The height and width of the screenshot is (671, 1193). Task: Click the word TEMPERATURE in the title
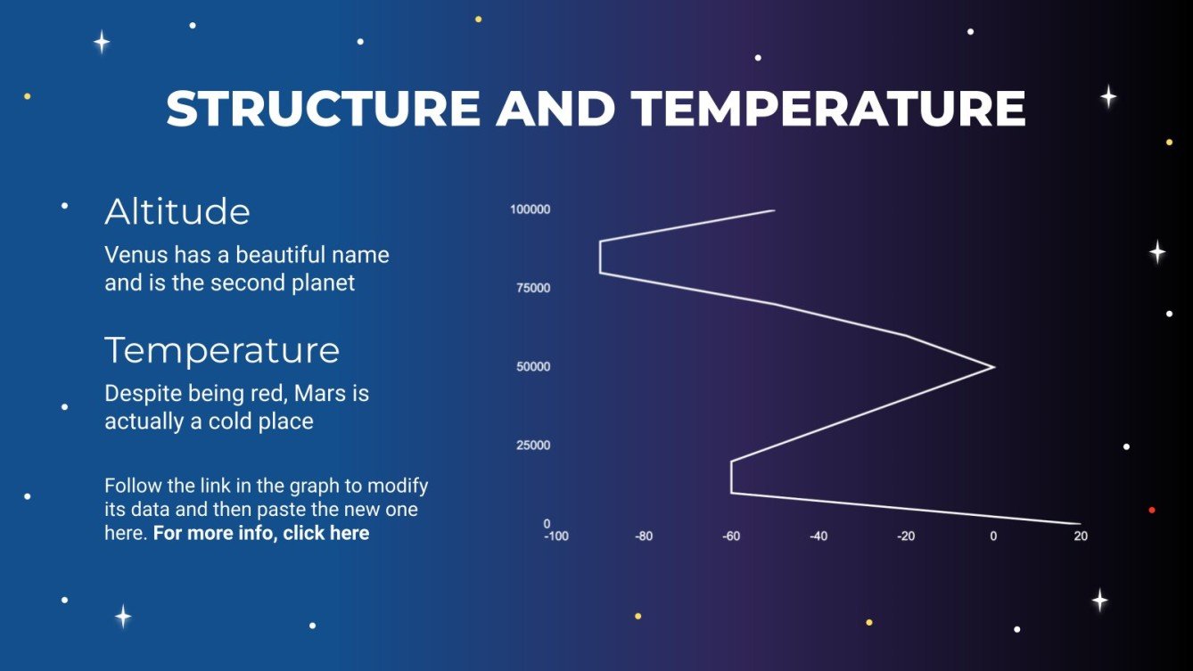point(828,109)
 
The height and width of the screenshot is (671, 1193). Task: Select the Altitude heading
point(177,211)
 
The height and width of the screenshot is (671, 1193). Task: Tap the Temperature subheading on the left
point(222,350)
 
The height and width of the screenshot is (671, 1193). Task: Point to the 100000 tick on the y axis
point(530,209)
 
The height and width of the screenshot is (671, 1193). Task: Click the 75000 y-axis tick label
point(533,288)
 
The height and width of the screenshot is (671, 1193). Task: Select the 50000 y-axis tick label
point(533,366)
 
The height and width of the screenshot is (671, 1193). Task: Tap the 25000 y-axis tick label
point(533,445)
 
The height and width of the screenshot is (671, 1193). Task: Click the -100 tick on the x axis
point(556,536)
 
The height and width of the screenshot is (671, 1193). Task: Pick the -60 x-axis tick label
point(731,536)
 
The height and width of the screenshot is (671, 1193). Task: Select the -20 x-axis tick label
point(906,536)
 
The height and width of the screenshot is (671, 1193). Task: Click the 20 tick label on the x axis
point(1081,536)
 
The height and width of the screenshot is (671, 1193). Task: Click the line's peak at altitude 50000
point(993,366)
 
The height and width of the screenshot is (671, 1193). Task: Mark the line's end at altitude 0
point(1080,524)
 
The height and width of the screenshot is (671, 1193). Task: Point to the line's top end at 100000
point(774,210)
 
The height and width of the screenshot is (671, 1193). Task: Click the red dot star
point(1152,510)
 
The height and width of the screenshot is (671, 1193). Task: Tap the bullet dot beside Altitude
point(64,206)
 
